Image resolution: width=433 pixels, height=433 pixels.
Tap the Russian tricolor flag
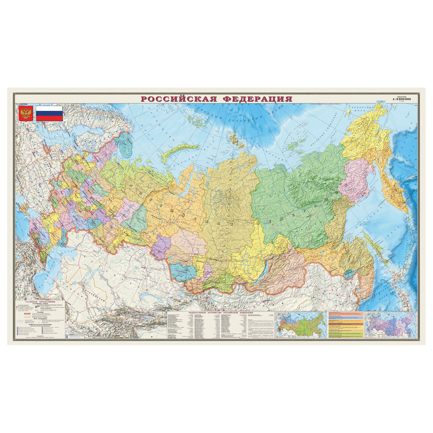pyautogui.click(x=49, y=113)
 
